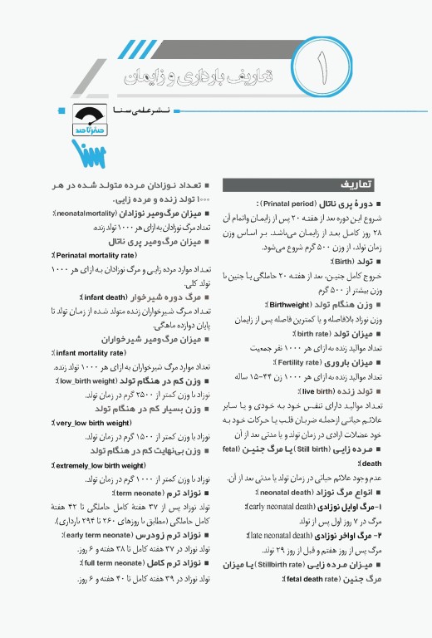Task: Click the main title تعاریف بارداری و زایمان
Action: [208, 76]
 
